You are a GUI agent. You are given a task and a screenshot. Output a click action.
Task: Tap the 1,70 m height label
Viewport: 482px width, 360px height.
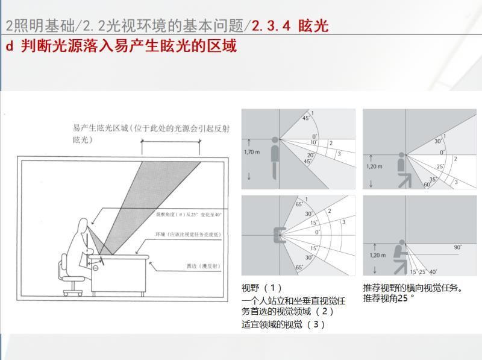[253, 152]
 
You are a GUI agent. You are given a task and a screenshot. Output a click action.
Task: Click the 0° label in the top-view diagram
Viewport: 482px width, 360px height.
[318, 232]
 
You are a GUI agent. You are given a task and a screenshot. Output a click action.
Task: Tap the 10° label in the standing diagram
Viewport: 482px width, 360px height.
[315, 142]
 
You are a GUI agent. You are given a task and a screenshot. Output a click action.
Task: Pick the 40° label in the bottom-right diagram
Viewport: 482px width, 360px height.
[433, 272]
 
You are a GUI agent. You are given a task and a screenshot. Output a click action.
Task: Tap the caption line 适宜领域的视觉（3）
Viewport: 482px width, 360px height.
[283, 324]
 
